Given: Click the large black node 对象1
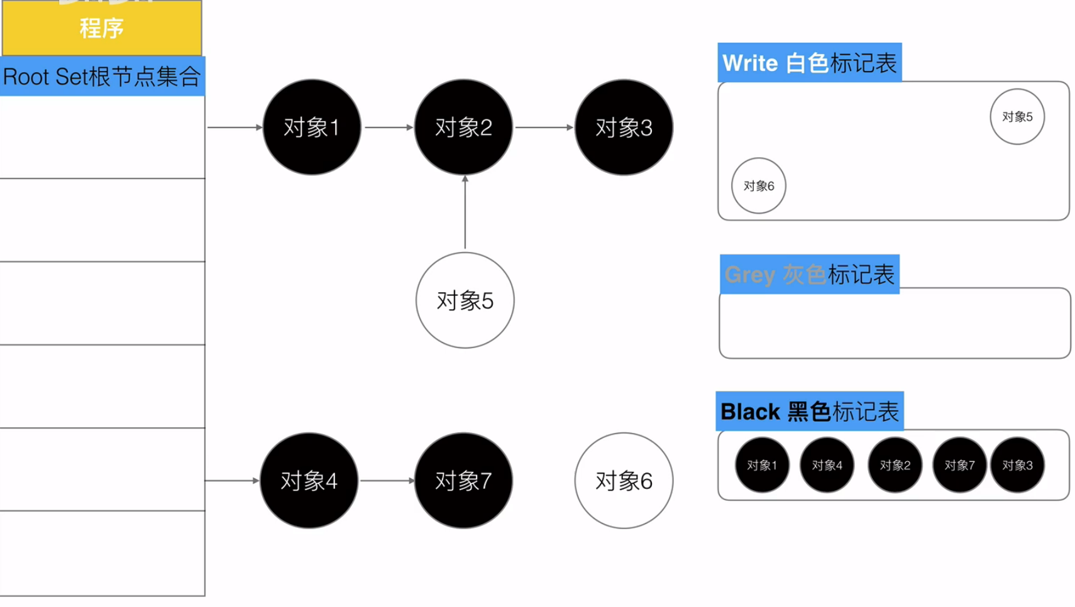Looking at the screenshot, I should [x=312, y=127].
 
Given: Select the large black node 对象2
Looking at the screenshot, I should [x=463, y=127].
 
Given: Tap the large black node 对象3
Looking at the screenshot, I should [x=624, y=127].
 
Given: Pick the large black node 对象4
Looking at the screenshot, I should [x=309, y=481].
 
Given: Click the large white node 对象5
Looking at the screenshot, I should [x=465, y=300].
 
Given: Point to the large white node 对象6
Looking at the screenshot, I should [x=624, y=481].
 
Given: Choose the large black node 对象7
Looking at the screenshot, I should [x=463, y=481].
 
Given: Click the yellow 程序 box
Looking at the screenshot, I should [x=102, y=28].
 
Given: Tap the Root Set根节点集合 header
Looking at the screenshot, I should [x=102, y=77].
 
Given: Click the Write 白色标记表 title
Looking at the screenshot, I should [x=809, y=63].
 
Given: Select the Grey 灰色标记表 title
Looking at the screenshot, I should [x=809, y=275].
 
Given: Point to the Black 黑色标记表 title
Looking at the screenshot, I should [x=809, y=412].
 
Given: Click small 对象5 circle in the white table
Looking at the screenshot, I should [x=1017, y=117].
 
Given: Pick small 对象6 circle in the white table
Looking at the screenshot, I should [x=758, y=186].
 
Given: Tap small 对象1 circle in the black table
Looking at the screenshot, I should [x=762, y=465].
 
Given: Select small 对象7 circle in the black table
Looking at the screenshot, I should [x=959, y=465].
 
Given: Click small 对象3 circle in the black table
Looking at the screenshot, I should [x=1017, y=465].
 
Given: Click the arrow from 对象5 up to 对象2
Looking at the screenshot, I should [x=465, y=214].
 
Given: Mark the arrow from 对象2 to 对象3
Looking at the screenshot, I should [x=544, y=128].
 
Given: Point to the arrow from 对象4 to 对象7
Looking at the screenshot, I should [x=387, y=481].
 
